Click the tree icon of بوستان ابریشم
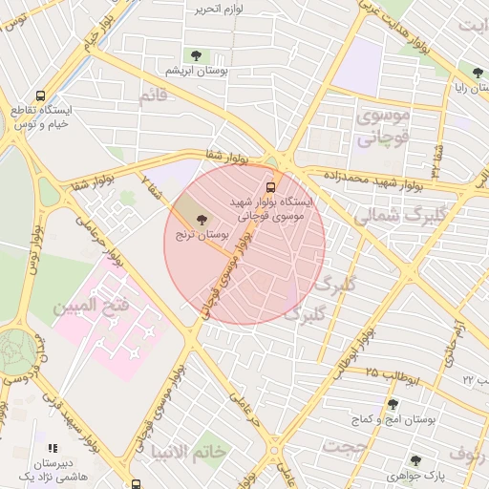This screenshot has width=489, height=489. (x=197, y=55)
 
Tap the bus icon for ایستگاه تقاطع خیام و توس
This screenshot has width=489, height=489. (x=40, y=96)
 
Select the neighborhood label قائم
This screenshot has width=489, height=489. (x=153, y=96)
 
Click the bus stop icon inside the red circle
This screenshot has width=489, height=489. (x=271, y=187)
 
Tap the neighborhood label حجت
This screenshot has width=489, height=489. (x=344, y=445)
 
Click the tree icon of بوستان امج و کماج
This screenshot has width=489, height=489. (x=392, y=404)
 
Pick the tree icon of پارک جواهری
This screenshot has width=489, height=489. (x=415, y=460)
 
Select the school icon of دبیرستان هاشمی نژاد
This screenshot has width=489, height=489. (x=53, y=447)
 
